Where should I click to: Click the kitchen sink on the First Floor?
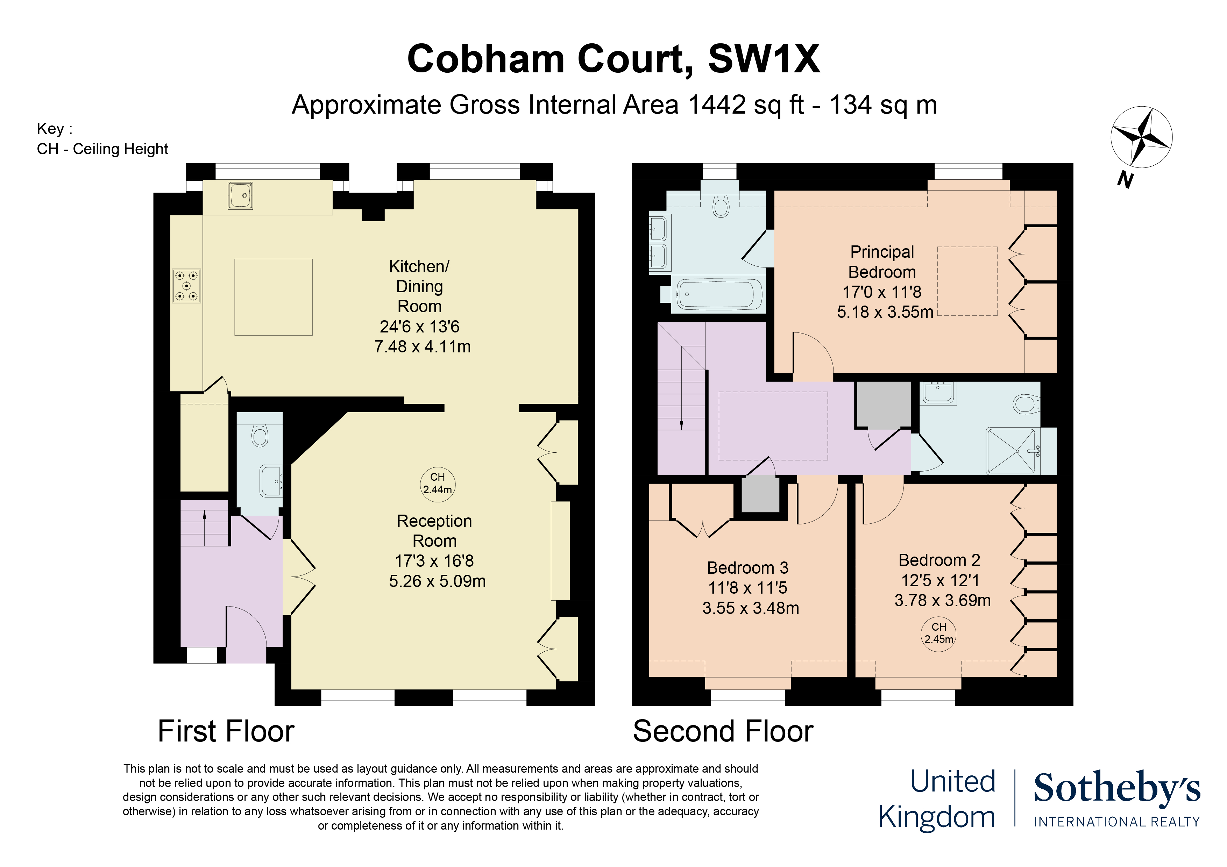tap(240, 195)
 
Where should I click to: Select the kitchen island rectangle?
tap(273, 297)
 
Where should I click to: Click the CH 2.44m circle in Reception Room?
tap(437, 483)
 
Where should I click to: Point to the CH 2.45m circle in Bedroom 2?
tap(938, 633)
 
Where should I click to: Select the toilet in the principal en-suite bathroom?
tap(721, 206)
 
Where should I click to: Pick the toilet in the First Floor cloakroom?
tap(260, 435)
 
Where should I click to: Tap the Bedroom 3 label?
tap(747, 567)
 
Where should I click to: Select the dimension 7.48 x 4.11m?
tap(422, 347)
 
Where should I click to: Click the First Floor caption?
tap(226, 731)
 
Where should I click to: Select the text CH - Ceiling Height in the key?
tap(102, 149)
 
